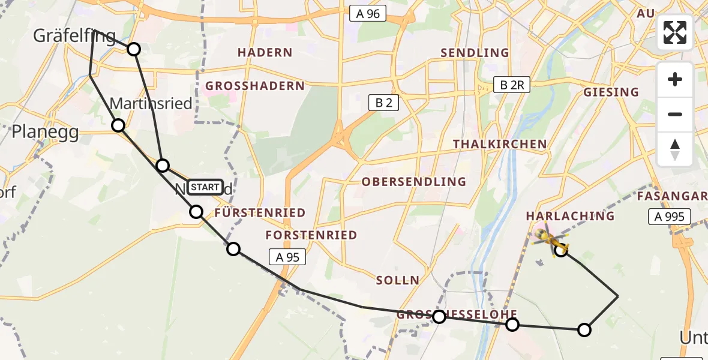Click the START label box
[x=205, y=187]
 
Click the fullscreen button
[x=675, y=32]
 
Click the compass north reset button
[x=675, y=149]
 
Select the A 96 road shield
[x=367, y=13]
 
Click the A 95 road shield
[x=287, y=257]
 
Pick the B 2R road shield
[x=512, y=85]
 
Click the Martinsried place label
[x=151, y=103]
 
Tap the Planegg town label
[x=46, y=132]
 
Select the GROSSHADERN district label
[x=255, y=86]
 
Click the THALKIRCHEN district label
[x=500, y=144]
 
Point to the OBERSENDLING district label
[x=414, y=181]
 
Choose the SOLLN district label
[x=398, y=280]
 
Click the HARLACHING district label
[x=570, y=215]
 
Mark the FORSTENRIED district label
[x=311, y=235]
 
